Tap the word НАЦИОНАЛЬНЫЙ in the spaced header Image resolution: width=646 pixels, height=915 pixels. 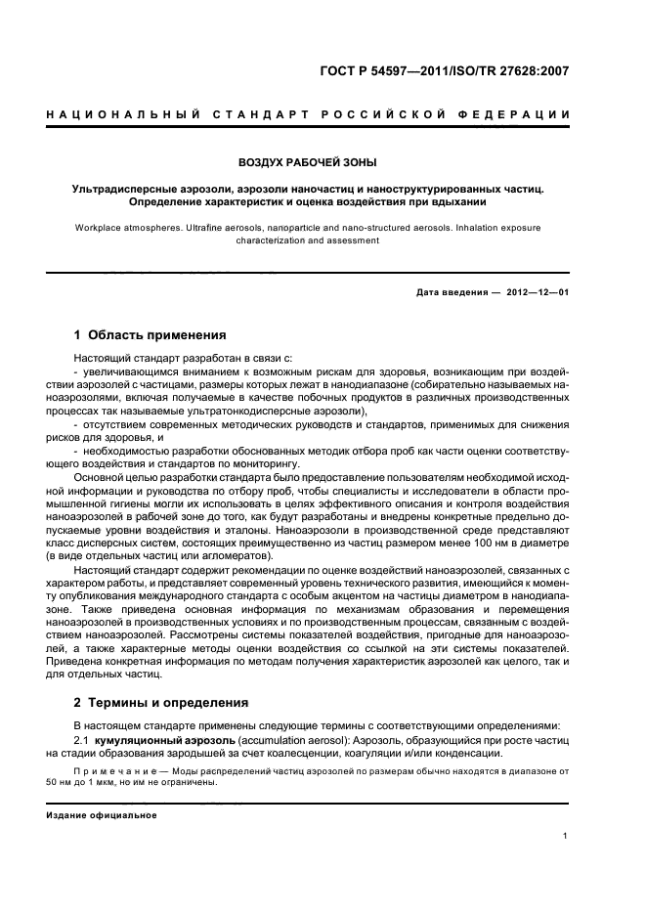(x=108, y=116)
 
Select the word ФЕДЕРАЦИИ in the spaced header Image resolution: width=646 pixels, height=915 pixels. (x=527, y=116)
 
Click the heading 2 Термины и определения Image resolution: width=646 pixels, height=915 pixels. (x=159, y=704)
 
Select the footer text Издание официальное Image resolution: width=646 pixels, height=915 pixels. (x=101, y=815)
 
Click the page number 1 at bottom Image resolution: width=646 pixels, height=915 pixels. (x=566, y=836)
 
